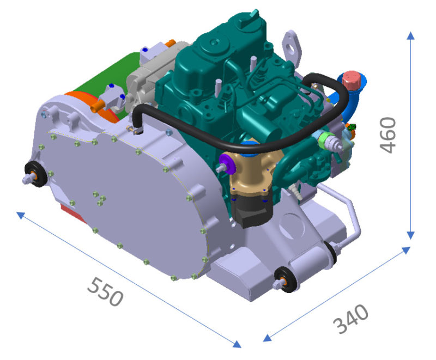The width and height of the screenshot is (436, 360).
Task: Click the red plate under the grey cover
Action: tap(71, 212)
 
